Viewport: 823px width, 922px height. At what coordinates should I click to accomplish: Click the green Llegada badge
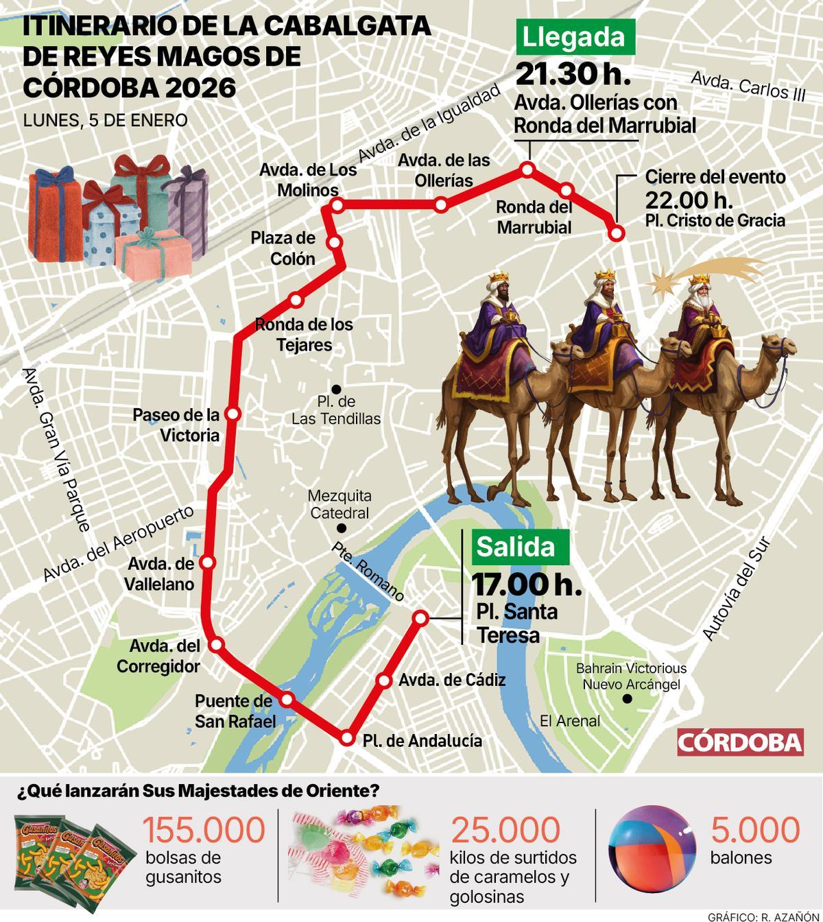coord(574,38)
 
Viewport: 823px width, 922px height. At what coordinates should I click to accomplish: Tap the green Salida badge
coord(516,547)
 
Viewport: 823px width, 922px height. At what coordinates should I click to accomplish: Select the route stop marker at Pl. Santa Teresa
coord(420,618)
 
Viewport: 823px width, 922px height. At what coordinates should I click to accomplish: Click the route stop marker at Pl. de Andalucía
coord(348,739)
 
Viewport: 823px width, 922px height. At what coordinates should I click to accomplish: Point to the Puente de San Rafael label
coord(235,711)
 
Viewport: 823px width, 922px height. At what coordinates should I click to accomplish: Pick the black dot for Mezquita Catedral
coord(341,528)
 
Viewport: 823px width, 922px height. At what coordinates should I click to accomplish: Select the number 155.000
coord(204,830)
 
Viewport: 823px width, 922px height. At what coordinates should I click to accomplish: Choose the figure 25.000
coord(505,830)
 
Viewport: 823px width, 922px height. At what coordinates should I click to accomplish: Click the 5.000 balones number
coord(755,830)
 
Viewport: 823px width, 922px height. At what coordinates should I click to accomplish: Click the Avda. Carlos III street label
coord(748,86)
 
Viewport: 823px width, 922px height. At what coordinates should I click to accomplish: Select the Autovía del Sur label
coord(737,589)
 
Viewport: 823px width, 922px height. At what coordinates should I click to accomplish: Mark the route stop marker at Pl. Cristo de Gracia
coord(616,233)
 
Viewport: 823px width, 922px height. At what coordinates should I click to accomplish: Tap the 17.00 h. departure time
coord(527,584)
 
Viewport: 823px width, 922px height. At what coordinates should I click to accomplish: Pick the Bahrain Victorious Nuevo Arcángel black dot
coord(626,699)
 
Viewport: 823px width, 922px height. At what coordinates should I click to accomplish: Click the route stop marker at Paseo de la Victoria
coord(233,414)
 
